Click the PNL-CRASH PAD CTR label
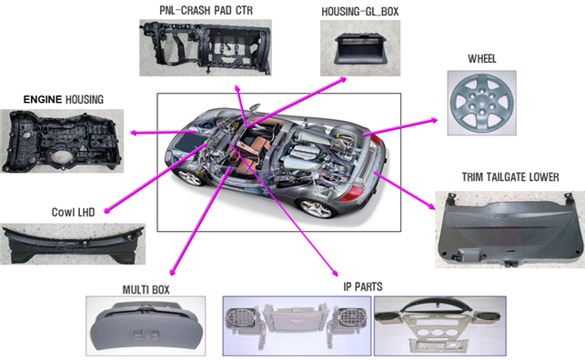(206, 10)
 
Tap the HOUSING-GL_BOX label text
(360, 12)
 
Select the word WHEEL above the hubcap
(482, 59)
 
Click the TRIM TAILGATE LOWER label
(510, 177)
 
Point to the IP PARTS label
(363, 286)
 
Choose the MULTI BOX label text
(146, 290)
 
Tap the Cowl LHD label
(73, 212)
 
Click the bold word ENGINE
(43, 99)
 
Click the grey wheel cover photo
(481, 103)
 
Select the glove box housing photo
(360, 48)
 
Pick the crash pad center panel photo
(206, 47)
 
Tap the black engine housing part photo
(62, 141)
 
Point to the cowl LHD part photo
(73, 245)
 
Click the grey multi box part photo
(146, 326)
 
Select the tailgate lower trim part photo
(510, 230)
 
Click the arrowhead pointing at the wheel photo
(434, 120)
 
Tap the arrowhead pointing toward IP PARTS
(335, 273)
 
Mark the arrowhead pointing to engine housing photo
(133, 133)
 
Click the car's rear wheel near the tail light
(318, 208)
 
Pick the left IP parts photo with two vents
(297, 326)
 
